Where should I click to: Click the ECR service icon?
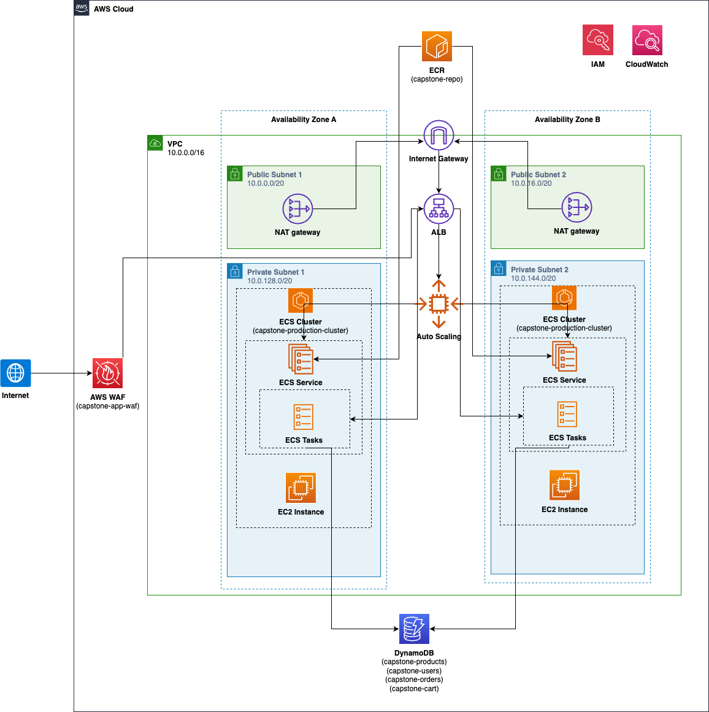point(437,47)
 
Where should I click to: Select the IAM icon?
point(597,40)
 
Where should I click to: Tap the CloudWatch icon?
point(647,40)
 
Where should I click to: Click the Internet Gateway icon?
point(439,136)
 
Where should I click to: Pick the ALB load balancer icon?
point(439,209)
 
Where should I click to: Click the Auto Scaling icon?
point(439,304)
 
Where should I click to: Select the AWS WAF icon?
point(107,373)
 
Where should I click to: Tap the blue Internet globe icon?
point(15,373)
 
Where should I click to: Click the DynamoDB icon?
point(414,629)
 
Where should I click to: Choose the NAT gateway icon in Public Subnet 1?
point(297,209)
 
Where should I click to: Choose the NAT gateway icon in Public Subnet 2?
point(577,208)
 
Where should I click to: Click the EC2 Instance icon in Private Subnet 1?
point(301,488)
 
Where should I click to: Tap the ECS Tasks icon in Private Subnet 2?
point(567,414)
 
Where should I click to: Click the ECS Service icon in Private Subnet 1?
point(301,359)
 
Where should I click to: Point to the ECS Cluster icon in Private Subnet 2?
point(564,298)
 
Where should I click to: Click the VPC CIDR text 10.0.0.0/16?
point(186,153)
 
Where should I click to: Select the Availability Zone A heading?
point(304,120)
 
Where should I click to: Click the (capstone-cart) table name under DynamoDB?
point(414,689)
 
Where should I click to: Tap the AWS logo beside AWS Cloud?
point(82,8)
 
